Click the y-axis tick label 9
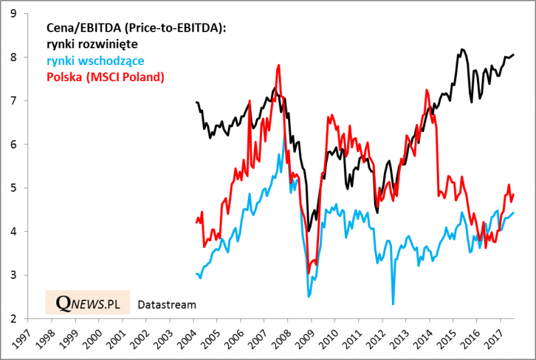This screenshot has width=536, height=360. click(12, 13)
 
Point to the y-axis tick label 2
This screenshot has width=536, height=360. click(12, 319)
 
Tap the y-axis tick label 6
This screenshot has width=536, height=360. click(12, 144)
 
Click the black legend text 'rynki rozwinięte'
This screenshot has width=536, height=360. click(92, 44)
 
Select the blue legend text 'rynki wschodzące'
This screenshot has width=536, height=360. click(95, 61)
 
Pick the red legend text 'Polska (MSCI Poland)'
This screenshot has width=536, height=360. click(105, 78)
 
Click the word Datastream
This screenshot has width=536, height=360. click(166, 305)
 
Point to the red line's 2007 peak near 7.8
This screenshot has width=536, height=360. click(278, 65)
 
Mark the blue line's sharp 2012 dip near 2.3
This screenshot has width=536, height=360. click(393, 304)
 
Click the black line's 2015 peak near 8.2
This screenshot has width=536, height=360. click(462, 49)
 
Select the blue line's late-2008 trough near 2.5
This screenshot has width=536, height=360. click(309, 296)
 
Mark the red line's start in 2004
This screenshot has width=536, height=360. click(196, 223)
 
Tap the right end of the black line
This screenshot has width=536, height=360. click(513, 54)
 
